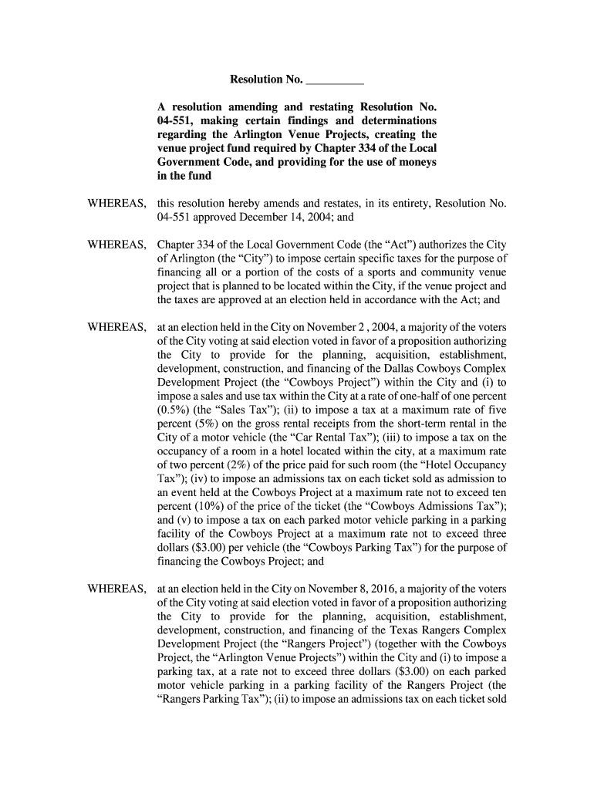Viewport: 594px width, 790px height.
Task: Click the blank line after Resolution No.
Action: tap(335, 79)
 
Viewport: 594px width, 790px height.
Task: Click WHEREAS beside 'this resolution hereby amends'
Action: tap(116, 204)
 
